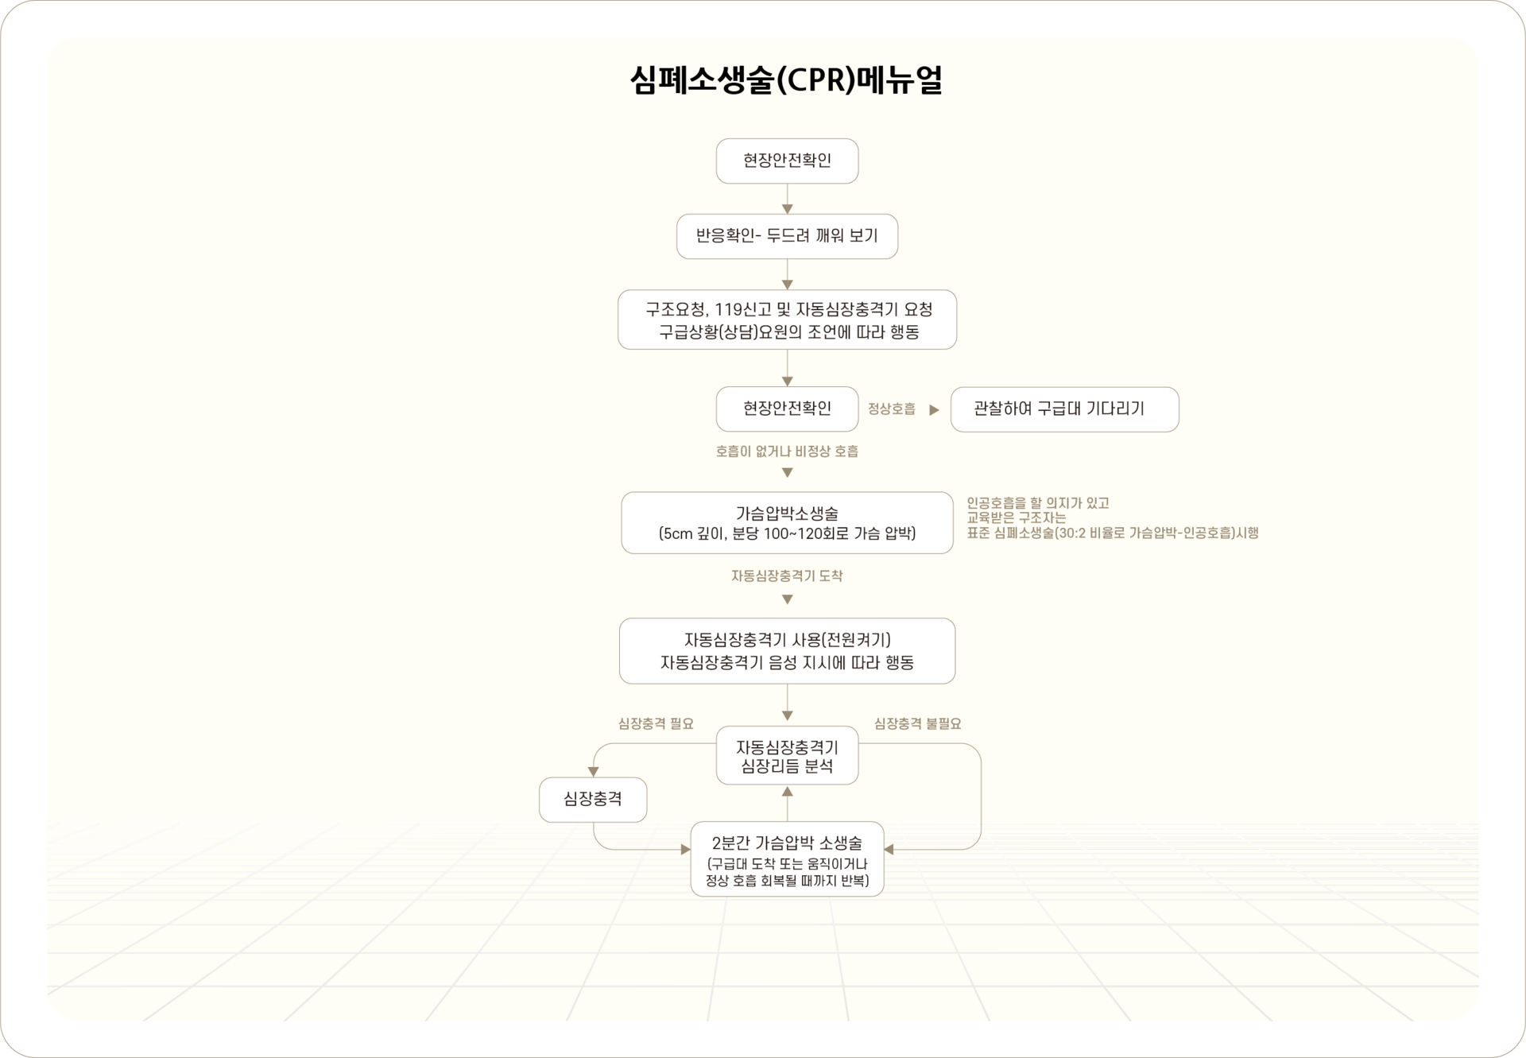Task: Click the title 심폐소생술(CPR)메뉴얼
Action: tap(786, 80)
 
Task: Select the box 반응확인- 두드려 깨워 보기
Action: tap(787, 236)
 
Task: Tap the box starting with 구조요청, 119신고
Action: tap(787, 320)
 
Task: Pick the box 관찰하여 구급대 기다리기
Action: tap(1064, 409)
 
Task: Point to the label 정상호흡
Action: tap(891, 409)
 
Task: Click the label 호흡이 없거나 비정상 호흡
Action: tap(787, 451)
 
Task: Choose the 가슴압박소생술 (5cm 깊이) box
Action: tap(787, 523)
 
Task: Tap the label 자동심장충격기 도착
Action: tap(787, 576)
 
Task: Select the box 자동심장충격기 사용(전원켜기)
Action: tap(787, 651)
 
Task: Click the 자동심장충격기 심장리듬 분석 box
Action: tap(787, 756)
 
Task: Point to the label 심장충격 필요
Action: tap(656, 723)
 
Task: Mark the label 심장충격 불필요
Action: tap(917, 723)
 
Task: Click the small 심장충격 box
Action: tap(593, 800)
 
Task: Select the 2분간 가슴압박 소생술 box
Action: tap(787, 859)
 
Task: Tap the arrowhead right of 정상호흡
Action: tap(935, 410)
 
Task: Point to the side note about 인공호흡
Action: tap(1112, 518)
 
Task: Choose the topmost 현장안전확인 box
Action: tap(787, 161)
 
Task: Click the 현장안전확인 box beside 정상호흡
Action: tap(787, 409)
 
